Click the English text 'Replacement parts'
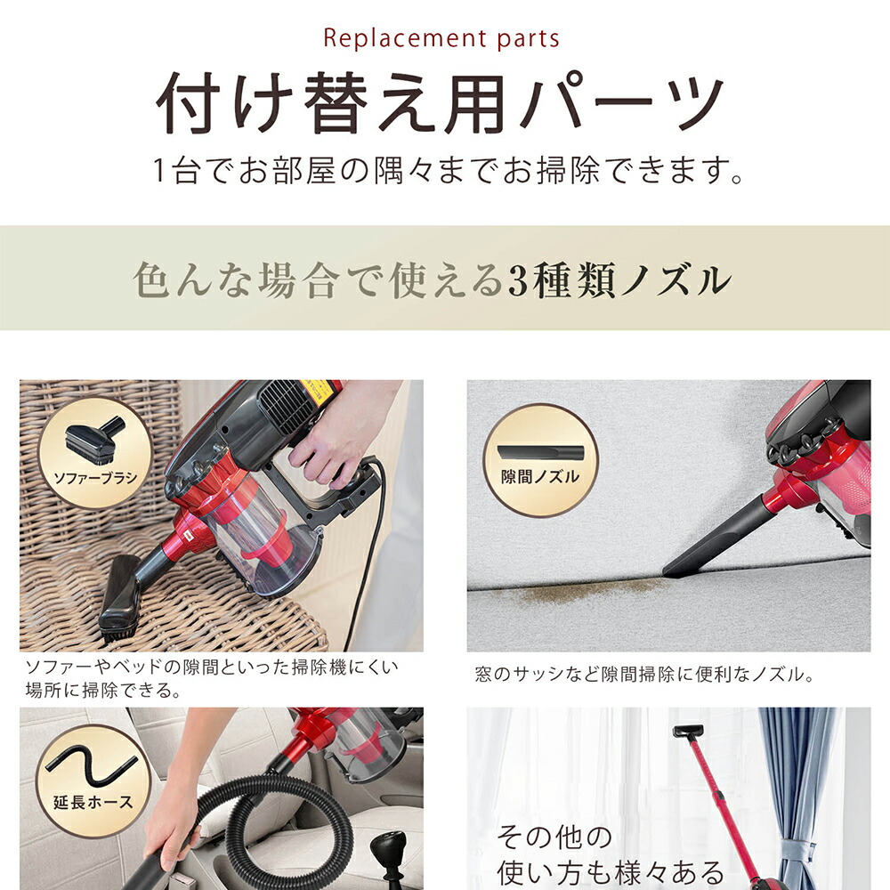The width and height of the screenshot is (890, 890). click(x=441, y=39)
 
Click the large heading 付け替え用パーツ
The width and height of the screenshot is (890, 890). click(x=441, y=105)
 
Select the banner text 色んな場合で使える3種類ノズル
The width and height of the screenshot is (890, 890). click(x=433, y=280)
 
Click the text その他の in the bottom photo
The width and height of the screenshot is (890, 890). click(x=554, y=837)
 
